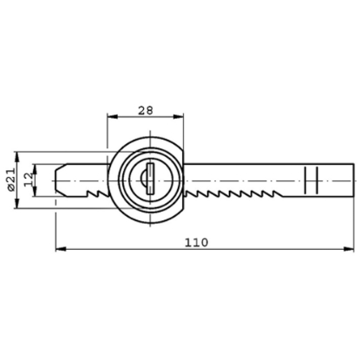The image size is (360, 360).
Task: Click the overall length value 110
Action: point(198,244)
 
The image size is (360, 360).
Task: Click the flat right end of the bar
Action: point(352,180)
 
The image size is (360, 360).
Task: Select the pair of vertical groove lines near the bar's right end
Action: point(313,180)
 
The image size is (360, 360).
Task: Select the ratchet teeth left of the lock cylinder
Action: point(95,192)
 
